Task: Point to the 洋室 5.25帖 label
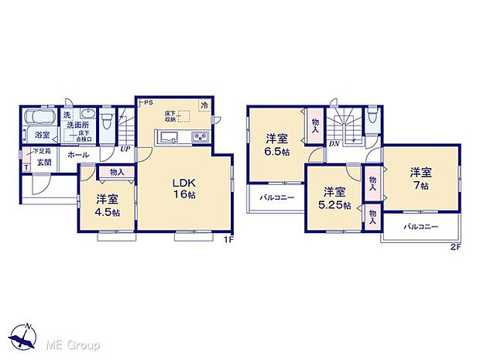tap(334, 199)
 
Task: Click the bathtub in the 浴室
tap(38, 120)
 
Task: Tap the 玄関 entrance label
tap(43, 163)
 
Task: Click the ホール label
tap(77, 155)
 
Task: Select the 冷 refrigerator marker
tap(204, 105)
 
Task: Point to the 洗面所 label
tap(77, 125)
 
